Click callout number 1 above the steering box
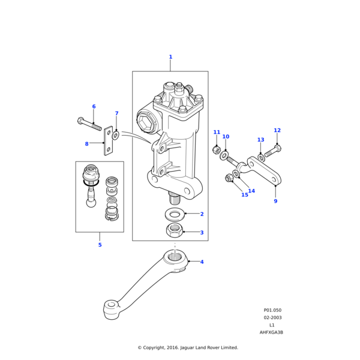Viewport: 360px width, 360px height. pyautogui.click(x=170, y=57)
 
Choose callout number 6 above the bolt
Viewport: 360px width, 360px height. pyautogui.click(x=94, y=107)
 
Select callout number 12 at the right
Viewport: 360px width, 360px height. pyautogui.click(x=277, y=130)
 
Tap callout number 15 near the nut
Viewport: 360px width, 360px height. pyautogui.click(x=245, y=195)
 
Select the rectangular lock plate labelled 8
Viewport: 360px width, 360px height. pyautogui.click(x=109, y=140)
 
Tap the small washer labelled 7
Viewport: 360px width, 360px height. pyautogui.click(x=115, y=136)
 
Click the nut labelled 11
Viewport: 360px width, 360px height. pyautogui.click(x=217, y=150)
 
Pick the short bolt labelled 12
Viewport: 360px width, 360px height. pyautogui.click(x=272, y=151)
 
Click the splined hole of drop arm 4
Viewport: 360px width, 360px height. pyautogui.click(x=175, y=258)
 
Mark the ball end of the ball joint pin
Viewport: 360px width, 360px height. pyautogui.click(x=90, y=202)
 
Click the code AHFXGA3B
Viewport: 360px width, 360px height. pyautogui.click(x=271, y=332)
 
